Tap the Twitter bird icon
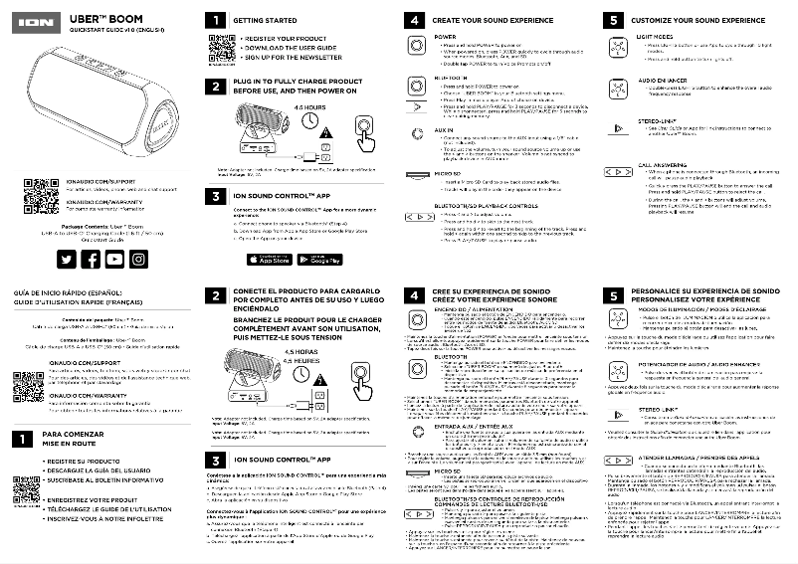pos(67,259)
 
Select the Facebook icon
pos(91,259)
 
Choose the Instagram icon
pos(138,259)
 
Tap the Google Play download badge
pos(319,261)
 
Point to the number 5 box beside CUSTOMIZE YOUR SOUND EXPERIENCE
pos(614,20)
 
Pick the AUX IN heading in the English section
pos(445,130)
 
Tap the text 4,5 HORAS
pos(300,352)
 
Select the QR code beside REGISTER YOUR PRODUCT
pos(219,45)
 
